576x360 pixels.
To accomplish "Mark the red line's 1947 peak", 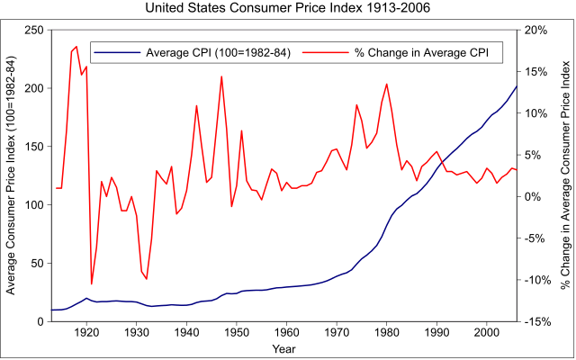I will (221, 76).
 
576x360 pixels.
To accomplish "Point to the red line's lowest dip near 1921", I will (92, 283).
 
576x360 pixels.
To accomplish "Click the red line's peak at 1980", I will (387, 84).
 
